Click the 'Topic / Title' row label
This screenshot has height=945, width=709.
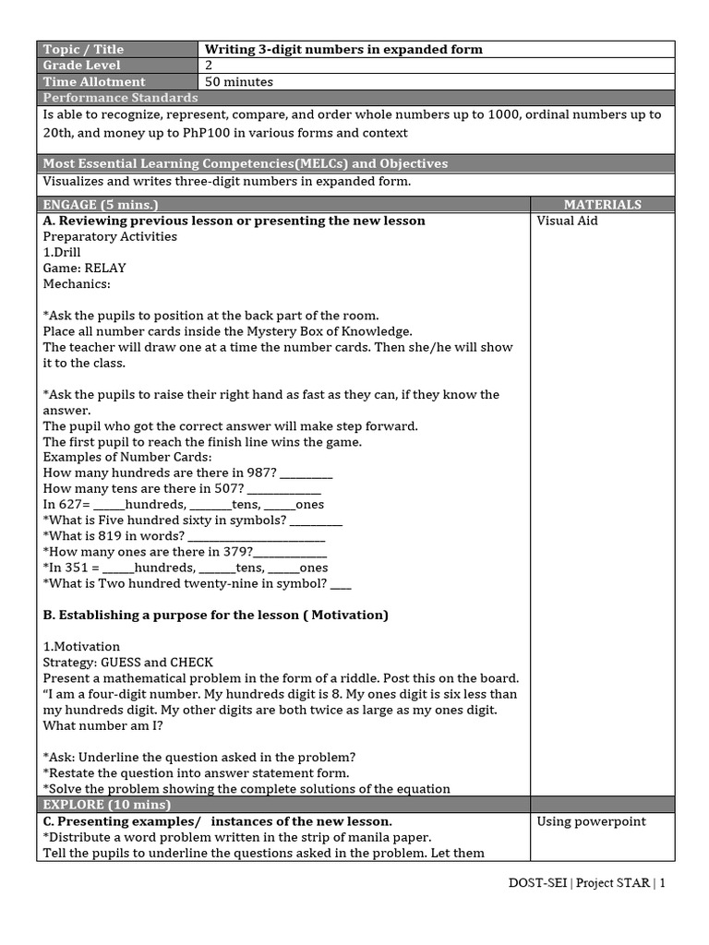click(x=83, y=49)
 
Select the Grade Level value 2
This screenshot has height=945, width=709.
click(x=209, y=66)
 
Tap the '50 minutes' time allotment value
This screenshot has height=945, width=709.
click(x=238, y=82)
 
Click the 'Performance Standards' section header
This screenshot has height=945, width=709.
click(x=120, y=98)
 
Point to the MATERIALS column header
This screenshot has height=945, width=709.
click(x=602, y=204)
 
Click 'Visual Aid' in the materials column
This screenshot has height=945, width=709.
click(x=567, y=221)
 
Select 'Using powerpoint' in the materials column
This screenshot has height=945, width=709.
click(x=591, y=821)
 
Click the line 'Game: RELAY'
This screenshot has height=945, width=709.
click(x=85, y=269)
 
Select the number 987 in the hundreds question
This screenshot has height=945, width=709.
click(x=260, y=472)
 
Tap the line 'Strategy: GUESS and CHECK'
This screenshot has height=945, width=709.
click(x=128, y=663)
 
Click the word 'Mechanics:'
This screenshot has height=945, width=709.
click(x=77, y=284)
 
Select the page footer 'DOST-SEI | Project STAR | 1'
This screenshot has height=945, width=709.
click(x=586, y=882)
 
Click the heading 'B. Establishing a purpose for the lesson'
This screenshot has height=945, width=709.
click(x=215, y=615)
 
